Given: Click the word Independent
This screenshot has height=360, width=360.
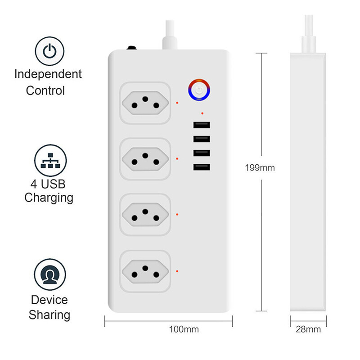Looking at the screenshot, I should (48, 74).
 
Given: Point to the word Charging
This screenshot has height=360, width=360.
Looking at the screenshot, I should (49, 197).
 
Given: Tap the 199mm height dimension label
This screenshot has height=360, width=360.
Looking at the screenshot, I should (260, 168).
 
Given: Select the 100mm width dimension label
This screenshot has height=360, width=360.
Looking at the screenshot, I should (184, 329).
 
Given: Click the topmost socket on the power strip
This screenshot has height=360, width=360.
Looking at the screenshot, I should (145, 102).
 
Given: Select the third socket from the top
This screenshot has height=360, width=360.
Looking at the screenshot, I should (145, 214).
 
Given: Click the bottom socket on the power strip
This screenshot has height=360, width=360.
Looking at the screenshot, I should (145, 271).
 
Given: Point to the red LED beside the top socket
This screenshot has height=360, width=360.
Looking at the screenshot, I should (178, 103).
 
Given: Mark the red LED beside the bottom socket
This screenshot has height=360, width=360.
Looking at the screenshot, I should (178, 271).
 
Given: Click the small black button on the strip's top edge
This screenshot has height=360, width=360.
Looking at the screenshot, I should (132, 47).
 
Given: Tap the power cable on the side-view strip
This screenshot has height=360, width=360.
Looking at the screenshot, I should (309, 31).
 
